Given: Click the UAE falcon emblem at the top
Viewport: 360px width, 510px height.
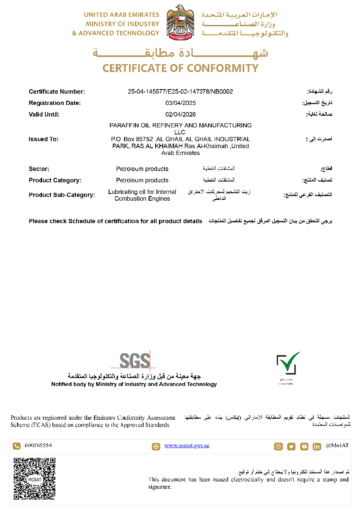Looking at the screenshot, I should tap(180, 22).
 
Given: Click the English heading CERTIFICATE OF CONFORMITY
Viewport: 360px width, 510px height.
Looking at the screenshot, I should tap(180, 68).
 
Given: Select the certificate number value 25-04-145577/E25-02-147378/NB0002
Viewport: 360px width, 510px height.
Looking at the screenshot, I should tap(180, 92).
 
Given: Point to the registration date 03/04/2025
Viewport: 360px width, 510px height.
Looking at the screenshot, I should tap(180, 103).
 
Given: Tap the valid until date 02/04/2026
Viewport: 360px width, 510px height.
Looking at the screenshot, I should tap(180, 114).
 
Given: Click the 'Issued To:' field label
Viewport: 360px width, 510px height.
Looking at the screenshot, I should tap(44, 139).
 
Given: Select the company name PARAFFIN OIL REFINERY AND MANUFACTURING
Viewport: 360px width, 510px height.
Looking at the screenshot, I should tap(180, 125).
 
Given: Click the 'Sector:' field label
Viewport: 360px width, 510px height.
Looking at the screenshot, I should tap(39, 169).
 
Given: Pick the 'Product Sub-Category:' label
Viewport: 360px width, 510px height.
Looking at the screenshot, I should tap(62, 194).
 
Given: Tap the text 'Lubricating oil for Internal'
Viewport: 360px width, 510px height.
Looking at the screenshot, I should tap(142, 192).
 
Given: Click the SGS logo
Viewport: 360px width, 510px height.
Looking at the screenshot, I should tap(135, 360).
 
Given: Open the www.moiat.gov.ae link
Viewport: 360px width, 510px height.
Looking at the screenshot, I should tap(186, 445).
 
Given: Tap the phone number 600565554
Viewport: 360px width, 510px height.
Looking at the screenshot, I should tap(38, 445).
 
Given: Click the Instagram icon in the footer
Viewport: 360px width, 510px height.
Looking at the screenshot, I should tap(278, 446).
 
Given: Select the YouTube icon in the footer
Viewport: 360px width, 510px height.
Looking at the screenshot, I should tap(304, 446).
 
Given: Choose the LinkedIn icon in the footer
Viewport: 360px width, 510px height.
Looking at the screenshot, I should tap(317, 446).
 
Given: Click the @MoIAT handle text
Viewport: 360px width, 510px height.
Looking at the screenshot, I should tap(337, 445).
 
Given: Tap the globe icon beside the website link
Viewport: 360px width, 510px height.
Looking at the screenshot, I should tap(156, 446).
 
